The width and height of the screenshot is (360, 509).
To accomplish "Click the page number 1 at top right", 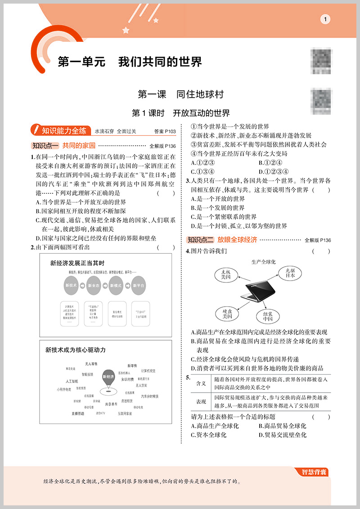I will [x=325, y=19].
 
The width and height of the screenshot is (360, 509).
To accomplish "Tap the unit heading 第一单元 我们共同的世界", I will [x=130, y=62].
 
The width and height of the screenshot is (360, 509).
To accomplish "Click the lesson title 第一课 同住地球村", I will [x=180, y=95].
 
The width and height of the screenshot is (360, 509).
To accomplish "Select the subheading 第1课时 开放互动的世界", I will [x=180, y=112].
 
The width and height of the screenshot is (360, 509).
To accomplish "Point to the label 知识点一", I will [x=45, y=145].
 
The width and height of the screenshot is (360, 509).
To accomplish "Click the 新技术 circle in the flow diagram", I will [x=71, y=285].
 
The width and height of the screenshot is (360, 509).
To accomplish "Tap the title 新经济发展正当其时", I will [x=77, y=263].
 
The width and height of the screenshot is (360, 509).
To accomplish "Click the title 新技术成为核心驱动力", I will [x=76, y=349].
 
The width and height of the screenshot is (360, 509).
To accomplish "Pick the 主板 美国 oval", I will [x=225, y=275].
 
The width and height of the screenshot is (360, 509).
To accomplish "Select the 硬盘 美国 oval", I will [x=224, y=313].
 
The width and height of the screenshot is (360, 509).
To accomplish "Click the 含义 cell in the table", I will [x=201, y=383].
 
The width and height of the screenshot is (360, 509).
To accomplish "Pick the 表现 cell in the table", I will [x=201, y=401].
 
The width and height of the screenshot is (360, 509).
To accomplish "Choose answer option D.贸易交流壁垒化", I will [x=283, y=435].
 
